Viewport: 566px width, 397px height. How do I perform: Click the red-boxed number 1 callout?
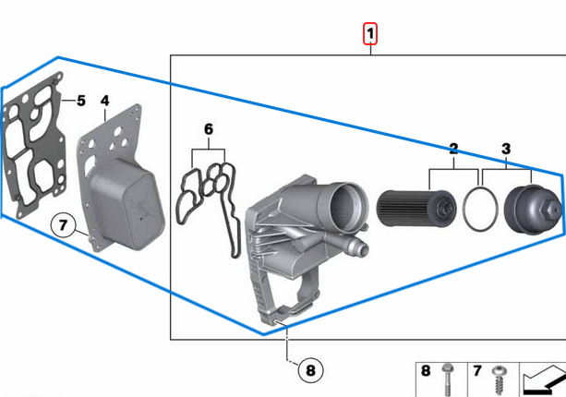pos(370,34)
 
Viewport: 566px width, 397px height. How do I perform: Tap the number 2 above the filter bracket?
pos(453,149)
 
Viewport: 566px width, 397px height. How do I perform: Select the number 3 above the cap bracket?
pos(506,149)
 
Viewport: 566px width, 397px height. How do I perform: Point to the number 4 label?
pos(105,101)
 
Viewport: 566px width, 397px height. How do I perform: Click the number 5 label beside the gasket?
pos(81,101)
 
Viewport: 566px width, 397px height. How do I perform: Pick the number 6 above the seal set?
pos(209,129)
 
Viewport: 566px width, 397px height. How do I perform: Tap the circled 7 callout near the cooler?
pos(63,225)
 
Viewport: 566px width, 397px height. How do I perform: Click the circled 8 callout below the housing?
pos(310,370)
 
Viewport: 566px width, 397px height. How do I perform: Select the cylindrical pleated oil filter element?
pos(415,209)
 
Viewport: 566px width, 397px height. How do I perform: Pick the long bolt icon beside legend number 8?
pos(448,379)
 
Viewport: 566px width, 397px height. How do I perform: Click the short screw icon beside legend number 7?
pos(500,380)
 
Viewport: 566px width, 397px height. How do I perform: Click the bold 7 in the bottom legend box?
pos(477,371)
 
